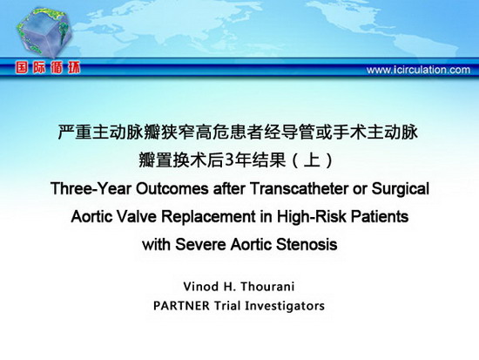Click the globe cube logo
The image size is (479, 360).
(x=44, y=32)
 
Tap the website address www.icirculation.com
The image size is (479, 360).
(x=418, y=70)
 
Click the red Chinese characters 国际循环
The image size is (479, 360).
(x=48, y=68)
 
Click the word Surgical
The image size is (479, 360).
(x=401, y=189)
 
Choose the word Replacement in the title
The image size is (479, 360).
(x=209, y=217)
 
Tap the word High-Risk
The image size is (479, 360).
(x=312, y=216)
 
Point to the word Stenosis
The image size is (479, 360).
(x=307, y=245)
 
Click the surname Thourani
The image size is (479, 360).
(x=267, y=287)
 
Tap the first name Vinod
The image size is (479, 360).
(x=201, y=287)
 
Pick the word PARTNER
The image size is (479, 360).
(x=181, y=306)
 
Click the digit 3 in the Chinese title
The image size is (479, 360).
(x=229, y=160)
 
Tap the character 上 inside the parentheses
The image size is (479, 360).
(x=312, y=160)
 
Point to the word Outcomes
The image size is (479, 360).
(x=172, y=189)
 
